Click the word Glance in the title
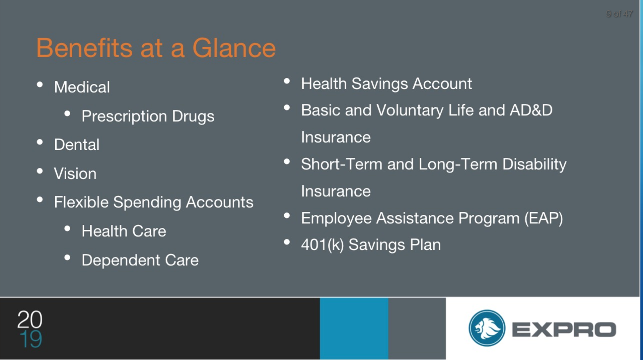tap(234, 48)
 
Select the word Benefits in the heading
tap(84, 48)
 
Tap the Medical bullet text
tap(82, 87)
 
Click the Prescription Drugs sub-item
tap(148, 117)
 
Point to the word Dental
tap(77, 145)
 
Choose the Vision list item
tap(75, 173)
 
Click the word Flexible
tap(81, 202)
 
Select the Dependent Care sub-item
tap(140, 260)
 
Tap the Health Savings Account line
tap(386, 84)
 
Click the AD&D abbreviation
tap(531, 110)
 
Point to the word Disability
tap(534, 165)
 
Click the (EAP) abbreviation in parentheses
tap(544, 218)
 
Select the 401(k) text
tap(323, 245)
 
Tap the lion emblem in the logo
tap(487, 328)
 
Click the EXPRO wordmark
tap(564, 329)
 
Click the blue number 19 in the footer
tap(31, 339)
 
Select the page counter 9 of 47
tap(619, 14)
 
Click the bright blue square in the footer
tap(354, 329)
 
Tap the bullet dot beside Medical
tap(40, 85)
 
